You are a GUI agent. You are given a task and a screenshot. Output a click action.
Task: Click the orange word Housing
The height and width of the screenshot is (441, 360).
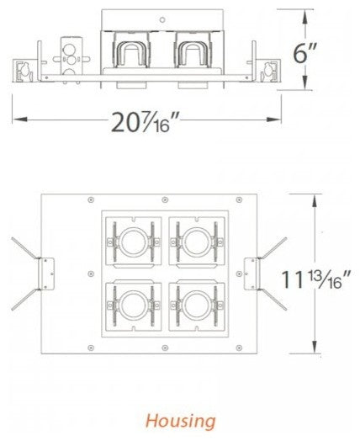182,419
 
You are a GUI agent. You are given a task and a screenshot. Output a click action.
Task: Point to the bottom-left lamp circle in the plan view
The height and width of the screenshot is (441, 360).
130,307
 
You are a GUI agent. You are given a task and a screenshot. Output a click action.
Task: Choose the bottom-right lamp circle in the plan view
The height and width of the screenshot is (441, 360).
197,307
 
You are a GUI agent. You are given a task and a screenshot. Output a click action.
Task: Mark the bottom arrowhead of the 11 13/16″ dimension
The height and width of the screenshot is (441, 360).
315,352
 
